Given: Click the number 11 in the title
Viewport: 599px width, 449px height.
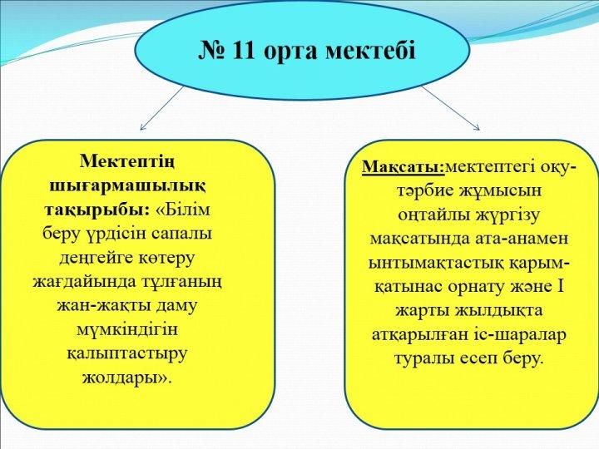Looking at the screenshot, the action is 242,50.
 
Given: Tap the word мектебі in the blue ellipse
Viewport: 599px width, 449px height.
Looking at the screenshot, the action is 370,51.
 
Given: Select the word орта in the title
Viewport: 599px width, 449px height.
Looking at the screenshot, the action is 290,52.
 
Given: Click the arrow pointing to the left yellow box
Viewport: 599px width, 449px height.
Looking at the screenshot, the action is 162,108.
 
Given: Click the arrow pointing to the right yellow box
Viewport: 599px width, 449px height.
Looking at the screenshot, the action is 450,108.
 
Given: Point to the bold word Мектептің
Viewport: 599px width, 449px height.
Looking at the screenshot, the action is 127,163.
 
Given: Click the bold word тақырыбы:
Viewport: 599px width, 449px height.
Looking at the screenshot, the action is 97,211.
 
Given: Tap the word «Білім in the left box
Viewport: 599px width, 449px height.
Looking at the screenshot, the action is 183,210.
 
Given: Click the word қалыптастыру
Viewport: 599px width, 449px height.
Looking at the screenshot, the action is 127,354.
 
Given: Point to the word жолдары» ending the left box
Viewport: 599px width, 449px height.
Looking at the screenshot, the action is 126,378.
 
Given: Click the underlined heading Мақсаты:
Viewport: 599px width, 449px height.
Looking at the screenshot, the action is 403,168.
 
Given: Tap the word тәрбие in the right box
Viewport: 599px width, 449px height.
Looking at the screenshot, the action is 423,190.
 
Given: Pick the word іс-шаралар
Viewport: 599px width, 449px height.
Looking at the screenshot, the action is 527,335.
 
